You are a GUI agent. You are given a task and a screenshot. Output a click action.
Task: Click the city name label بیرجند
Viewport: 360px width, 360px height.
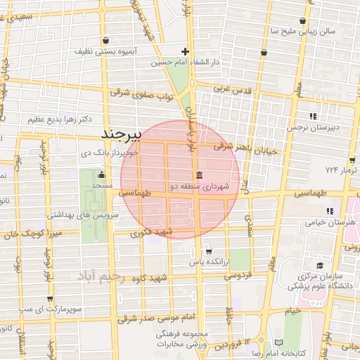click(122, 133)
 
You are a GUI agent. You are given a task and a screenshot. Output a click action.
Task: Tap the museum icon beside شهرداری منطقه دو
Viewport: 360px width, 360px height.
click(199, 175)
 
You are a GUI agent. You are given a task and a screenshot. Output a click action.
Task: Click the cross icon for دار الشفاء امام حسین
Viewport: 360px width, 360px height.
click(185, 51)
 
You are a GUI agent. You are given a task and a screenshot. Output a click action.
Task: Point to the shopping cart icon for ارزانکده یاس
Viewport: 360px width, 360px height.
click(209, 251)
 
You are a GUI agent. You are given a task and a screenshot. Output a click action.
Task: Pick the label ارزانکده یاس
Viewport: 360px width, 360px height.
click(209, 262)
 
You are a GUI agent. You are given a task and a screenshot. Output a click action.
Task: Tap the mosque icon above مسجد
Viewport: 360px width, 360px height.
click(101, 175)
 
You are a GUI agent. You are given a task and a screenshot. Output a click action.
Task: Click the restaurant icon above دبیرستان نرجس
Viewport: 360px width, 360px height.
click(313, 116)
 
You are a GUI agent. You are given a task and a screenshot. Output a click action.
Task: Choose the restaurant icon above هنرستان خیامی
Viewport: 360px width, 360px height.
click(329, 210)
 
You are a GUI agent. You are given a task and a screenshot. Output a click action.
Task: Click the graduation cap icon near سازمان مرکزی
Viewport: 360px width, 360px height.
click(320, 265)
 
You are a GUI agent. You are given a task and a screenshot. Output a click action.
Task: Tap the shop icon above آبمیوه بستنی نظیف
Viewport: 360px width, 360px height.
click(105, 40)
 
